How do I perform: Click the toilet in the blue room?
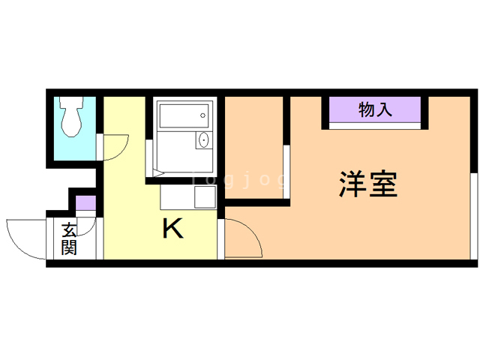pos(72,116)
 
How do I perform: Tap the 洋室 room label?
pos(368,184)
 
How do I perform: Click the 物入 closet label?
pos(375,109)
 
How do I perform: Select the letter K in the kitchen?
pos(173,228)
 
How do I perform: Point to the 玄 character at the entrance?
pos(69,230)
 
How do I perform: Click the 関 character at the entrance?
pos(69,247)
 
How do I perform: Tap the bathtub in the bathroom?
pos(184,115)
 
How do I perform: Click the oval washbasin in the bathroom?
pos(203,140)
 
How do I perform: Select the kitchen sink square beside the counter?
pos(205,196)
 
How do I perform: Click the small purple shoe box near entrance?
pos(86,203)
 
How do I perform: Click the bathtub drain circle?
pos(202,115)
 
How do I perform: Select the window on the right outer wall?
pos(474,217)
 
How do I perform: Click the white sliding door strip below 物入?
pos(375,126)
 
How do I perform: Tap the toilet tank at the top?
pos(72,102)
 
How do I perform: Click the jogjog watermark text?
pos(238,179)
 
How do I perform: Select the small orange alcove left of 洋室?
pos(254,148)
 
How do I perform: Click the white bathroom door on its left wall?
pos(149,158)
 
